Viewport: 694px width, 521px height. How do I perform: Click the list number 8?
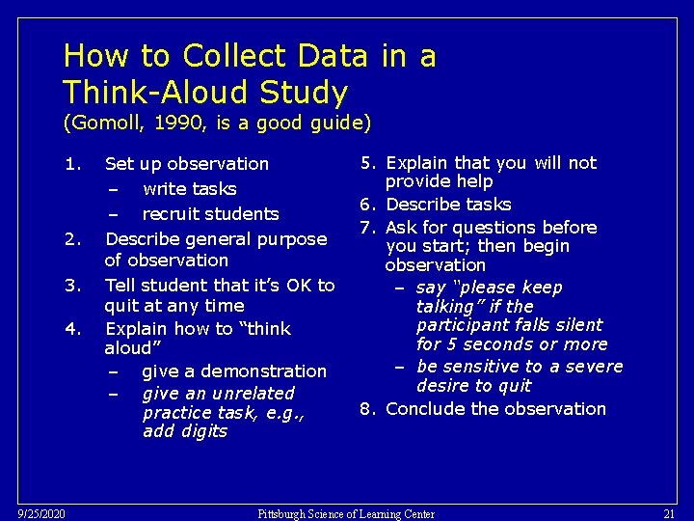[x=367, y=408]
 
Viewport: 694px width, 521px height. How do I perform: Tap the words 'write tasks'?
[x=189, y=188]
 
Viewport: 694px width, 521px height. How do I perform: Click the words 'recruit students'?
[x=210, y=213]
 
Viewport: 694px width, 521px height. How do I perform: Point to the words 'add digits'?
[x=185, y=431]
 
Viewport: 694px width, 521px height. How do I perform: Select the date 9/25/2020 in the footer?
[x=41, y=514]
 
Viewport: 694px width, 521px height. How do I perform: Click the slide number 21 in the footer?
[x=669, y=514]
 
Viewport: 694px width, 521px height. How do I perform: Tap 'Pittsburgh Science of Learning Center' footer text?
[x=346, y=514]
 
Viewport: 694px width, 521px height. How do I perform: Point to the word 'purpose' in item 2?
[x=291, y=238]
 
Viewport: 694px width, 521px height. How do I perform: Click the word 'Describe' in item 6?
[x=421, y=205]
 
